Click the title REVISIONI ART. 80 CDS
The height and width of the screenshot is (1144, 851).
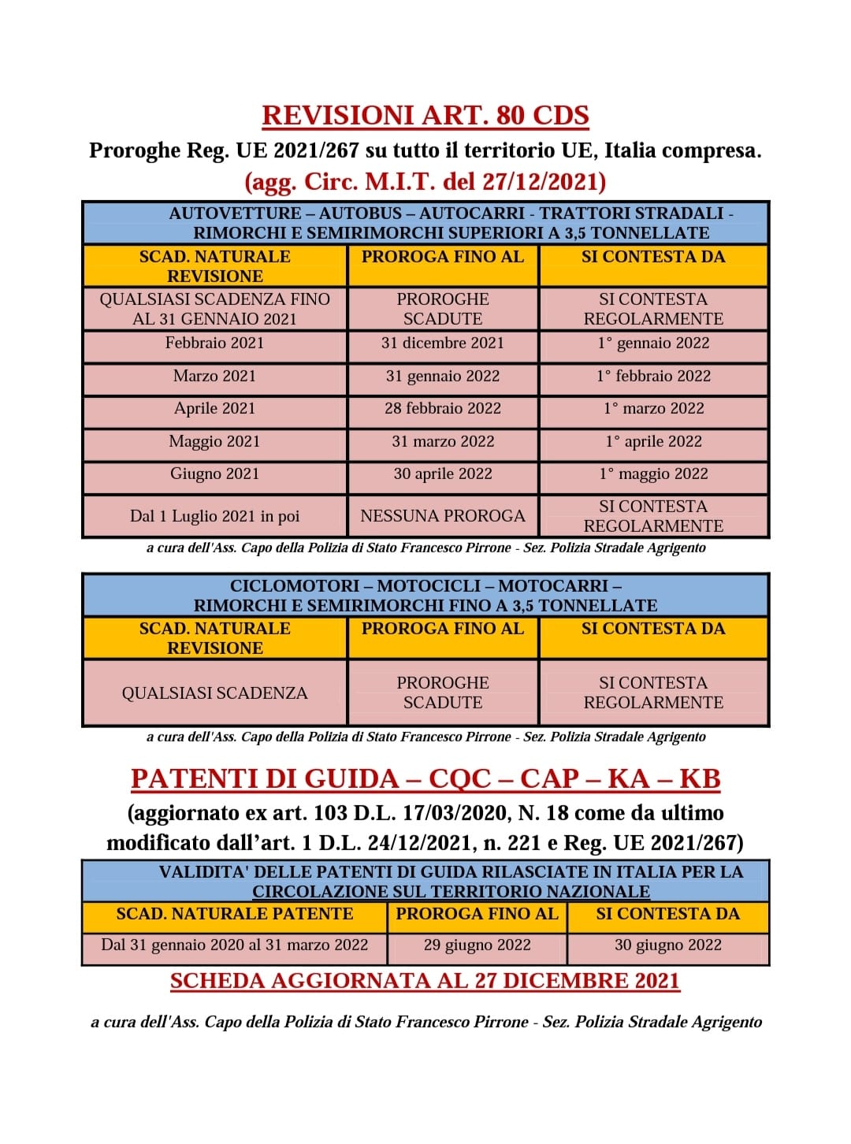[425, 116]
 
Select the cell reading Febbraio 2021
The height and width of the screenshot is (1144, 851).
[214, 343]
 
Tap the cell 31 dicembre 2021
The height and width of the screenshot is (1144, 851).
[443, 343]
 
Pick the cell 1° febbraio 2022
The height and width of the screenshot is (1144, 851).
[653, 376]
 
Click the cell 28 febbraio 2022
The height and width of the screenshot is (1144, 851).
[443, 408]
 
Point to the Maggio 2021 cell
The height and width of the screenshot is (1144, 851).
[214, 441]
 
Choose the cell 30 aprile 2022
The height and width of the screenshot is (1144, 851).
[443, 474]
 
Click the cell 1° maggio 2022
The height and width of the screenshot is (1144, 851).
[653, 474]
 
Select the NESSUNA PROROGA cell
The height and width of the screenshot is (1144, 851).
[443, 516]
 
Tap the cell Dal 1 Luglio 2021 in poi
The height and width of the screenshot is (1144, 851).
[214, 516]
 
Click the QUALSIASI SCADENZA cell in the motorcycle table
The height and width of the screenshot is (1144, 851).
[214, 693]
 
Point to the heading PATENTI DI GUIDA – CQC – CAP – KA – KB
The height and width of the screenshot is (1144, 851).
[425, 778]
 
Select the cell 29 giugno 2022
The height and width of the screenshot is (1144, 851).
[478, 945]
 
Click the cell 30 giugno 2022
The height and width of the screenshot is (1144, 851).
[668, 945]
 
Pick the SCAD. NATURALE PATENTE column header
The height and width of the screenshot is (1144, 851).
[235, 914]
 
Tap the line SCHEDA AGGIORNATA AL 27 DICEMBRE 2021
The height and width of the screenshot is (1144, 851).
[425, 981]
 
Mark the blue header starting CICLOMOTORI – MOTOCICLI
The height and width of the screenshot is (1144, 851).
[425, 596]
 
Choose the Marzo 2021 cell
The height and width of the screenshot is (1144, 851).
[214, 376]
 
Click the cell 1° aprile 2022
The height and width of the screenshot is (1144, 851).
[653, 441]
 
